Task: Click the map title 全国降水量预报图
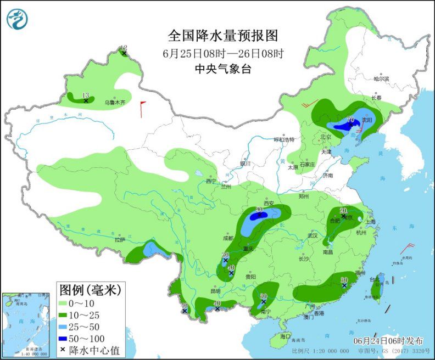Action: tap(223, 36)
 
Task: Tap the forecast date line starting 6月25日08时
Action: tap(223, 54)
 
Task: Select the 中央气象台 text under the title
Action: tap(223, 69)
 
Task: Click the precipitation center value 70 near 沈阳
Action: tap(350, 120)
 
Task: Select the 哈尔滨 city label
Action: tap(381, 79)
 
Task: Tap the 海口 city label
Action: tap(284, 335)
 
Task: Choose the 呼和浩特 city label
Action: tap(285, 139)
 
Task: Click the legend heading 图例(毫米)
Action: tap(89, 288)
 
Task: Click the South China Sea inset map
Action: tap(23, 324)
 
